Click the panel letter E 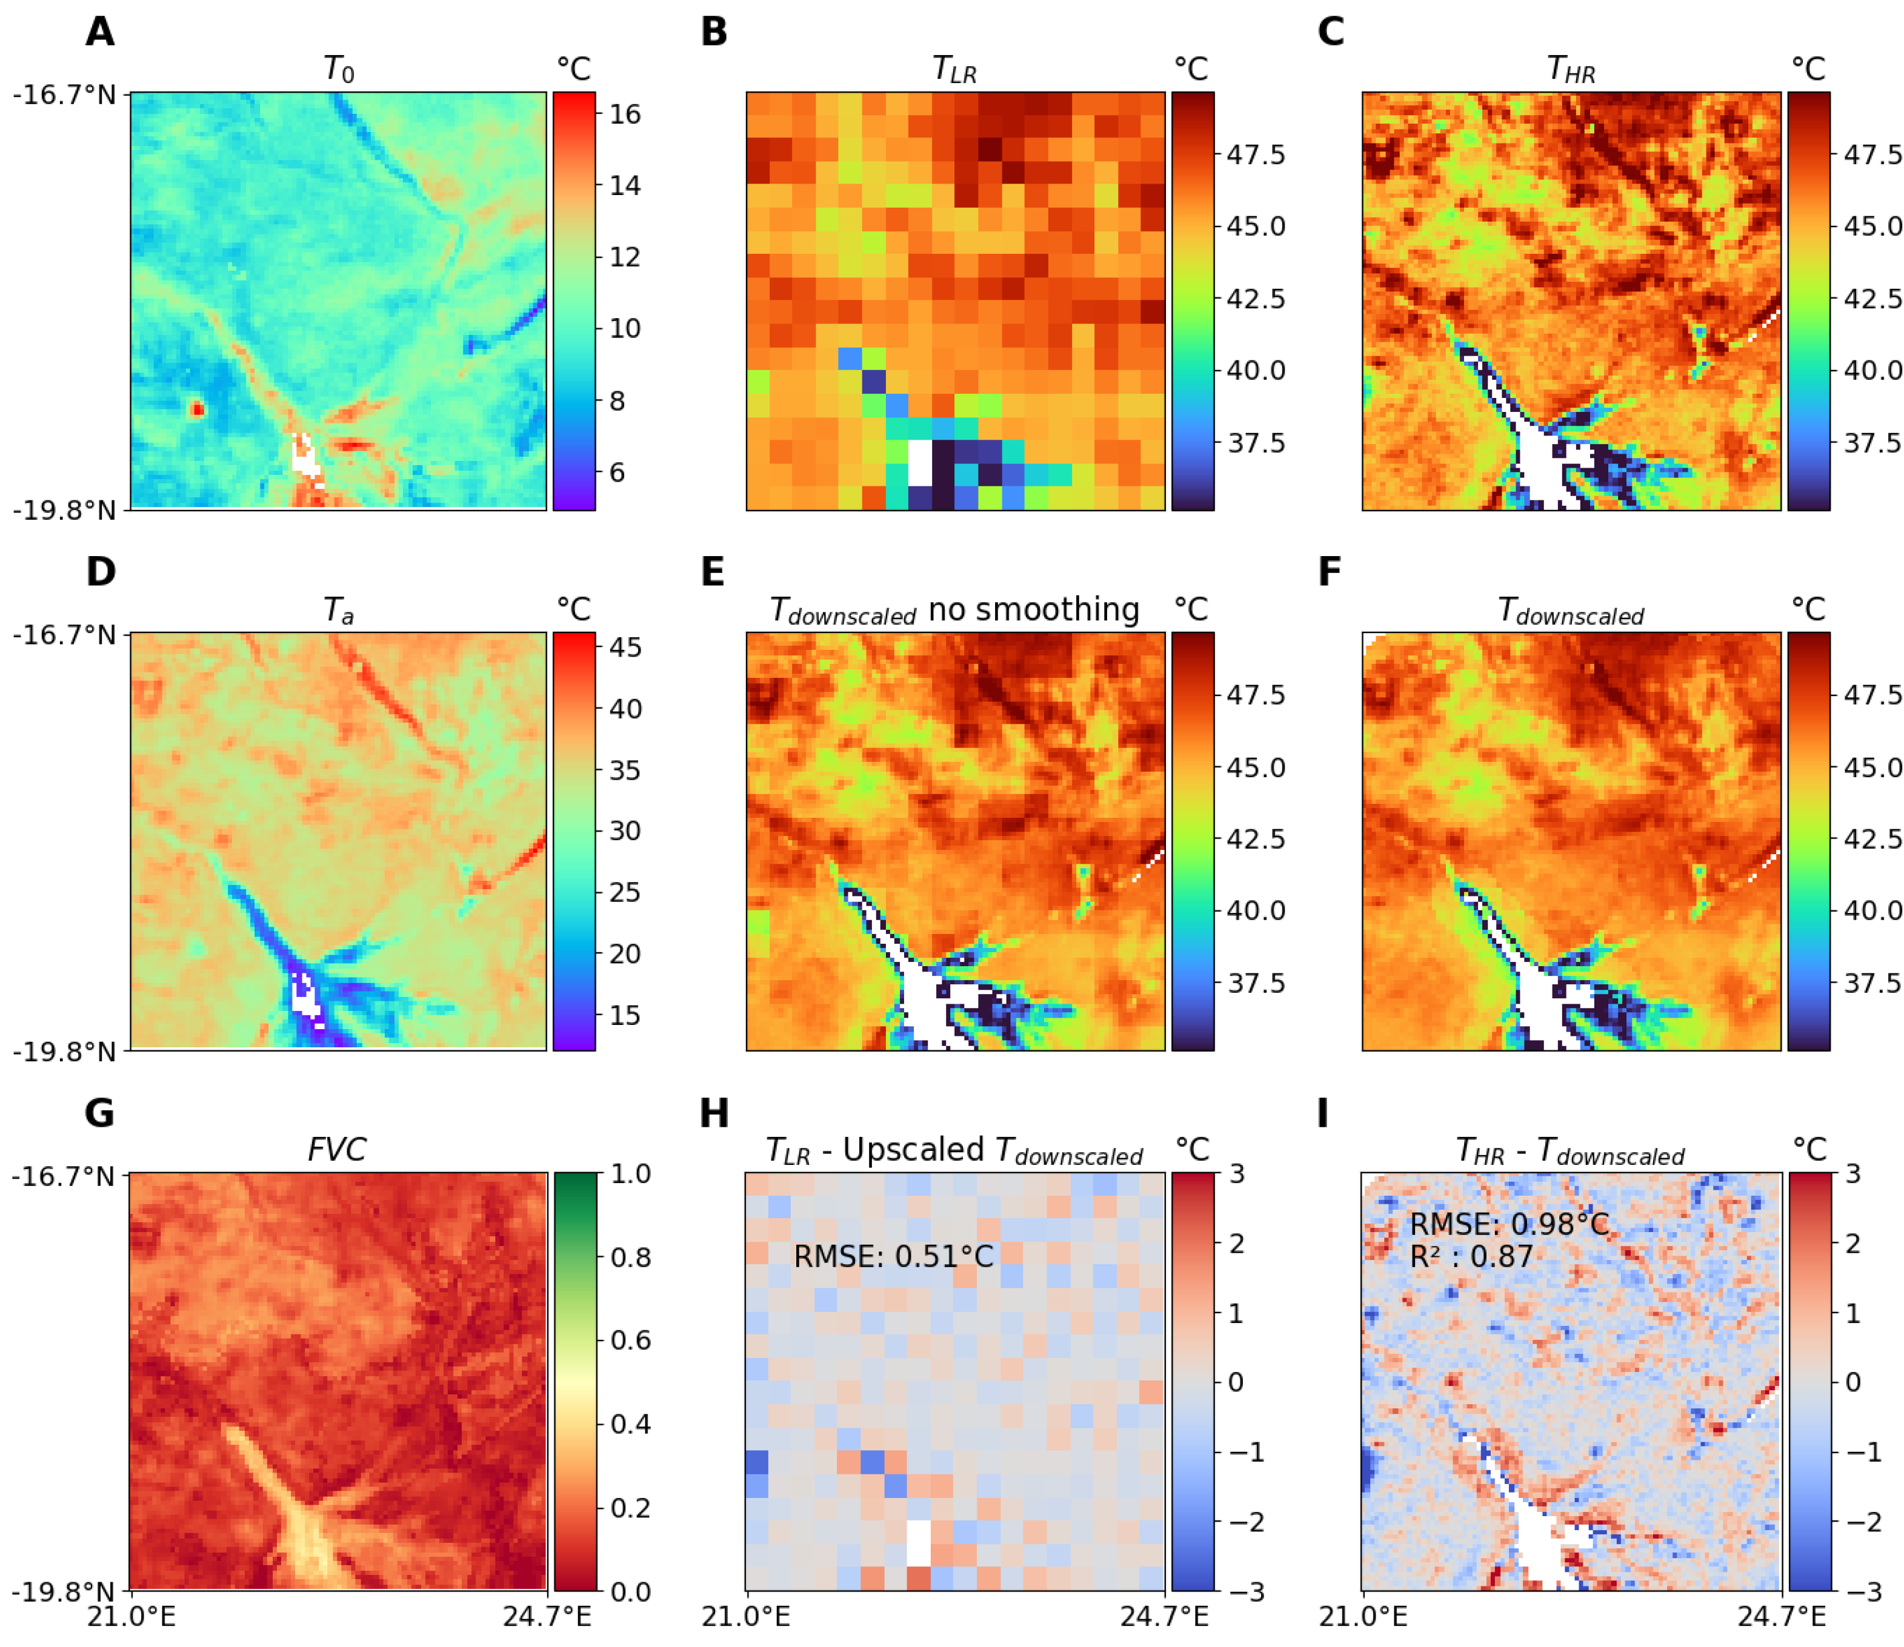pyautogui.click(x=713, y=572)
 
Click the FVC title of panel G pyautogui.click(x=336, y=1150)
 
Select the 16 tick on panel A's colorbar pyautogui.click(x=625, y=114)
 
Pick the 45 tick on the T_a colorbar pyautogui.click(x=625, y=647)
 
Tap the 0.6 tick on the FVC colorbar pyautogui.click(x=631, y=1340)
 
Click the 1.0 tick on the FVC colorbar pyautogui.click(x=631, y=1174)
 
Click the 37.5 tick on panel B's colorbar pyautogui.click(x=1256, y=443)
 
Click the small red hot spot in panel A pyautogui.click(x=197, y=409)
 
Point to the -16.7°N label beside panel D pyautogui.click(x=64, y=635)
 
